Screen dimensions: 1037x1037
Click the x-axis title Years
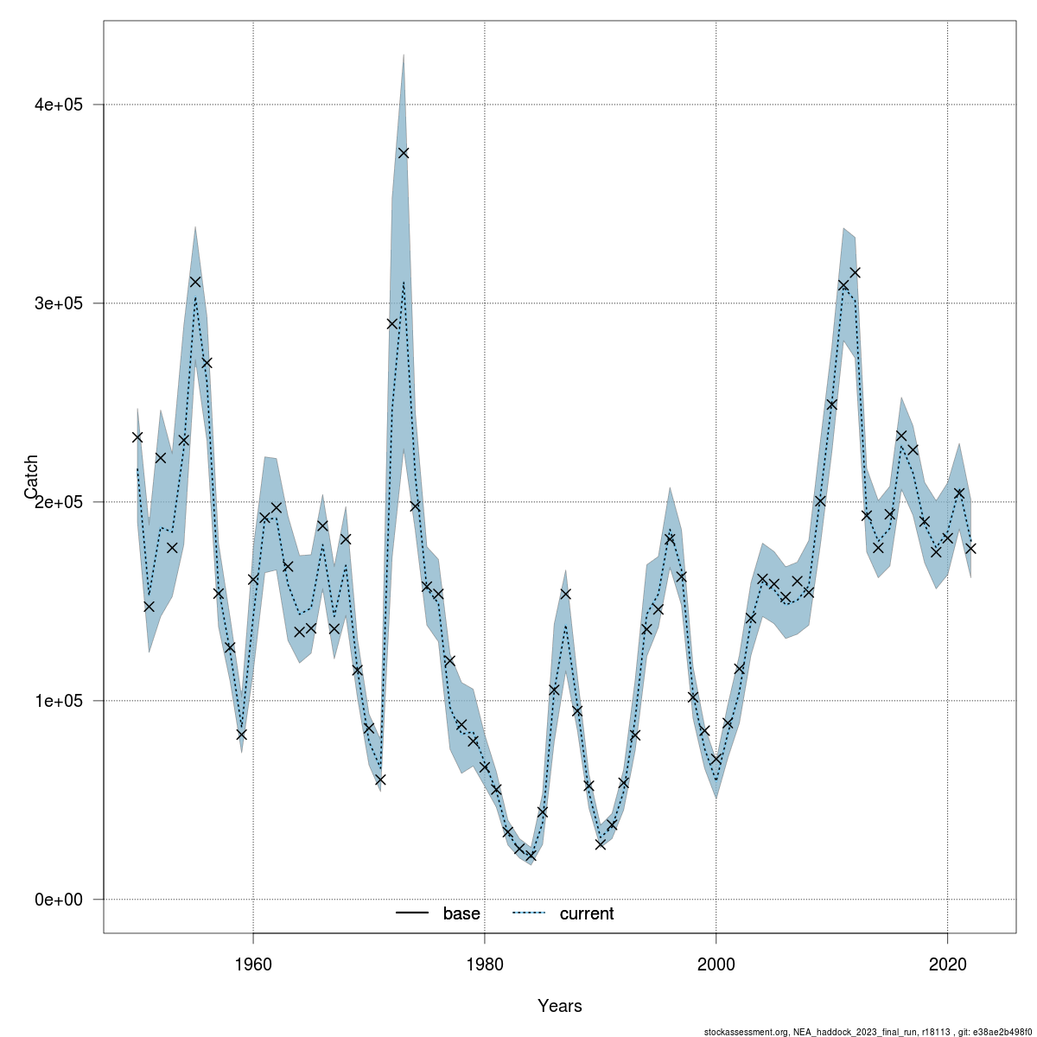pos(559,1006)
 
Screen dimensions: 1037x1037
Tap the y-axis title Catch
pos(31,476)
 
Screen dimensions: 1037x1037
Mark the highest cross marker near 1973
pos(404,153)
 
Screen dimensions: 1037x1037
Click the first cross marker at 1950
pos(137,437)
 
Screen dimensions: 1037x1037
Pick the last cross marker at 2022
pos(970,548)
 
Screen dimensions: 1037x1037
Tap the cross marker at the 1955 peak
pos(195,282)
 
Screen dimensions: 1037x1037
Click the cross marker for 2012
pos(855,273)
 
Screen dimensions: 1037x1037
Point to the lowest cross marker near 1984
pos(531,856)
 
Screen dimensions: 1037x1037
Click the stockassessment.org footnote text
pos(869,1031)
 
